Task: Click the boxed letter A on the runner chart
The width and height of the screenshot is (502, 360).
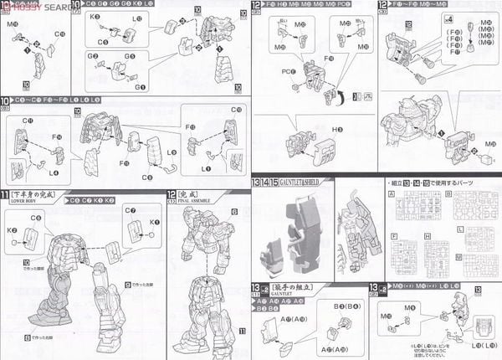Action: (391, 193)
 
